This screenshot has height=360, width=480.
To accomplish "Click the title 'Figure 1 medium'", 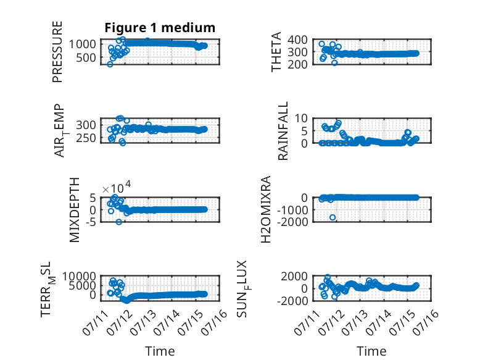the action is [x=160, y=28].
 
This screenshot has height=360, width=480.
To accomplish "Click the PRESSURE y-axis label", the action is [x=57, y=52].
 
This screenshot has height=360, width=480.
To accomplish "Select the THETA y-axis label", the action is [x=276, y=52].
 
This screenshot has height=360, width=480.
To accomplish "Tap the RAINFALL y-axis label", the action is [x=283, y=131].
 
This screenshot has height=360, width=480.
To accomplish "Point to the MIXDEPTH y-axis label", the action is [x=75, y=210].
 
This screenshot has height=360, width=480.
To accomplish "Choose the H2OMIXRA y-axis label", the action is [x=266, y=209].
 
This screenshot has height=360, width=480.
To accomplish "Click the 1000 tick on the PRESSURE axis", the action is [x=82, y=44].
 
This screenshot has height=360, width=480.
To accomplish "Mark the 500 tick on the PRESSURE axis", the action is [x=86, y=57].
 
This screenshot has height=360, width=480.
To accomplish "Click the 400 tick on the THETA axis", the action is [x=297, y=40].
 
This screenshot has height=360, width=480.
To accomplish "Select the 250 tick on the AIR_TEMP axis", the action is [x=86, y=138].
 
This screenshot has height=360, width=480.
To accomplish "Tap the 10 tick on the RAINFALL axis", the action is [x=301, y=118].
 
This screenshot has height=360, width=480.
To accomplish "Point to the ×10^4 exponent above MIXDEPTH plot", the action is [x=117, y=187].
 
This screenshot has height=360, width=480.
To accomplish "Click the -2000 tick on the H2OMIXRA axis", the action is [x=292, y=222].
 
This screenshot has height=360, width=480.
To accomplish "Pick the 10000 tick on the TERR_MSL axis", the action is [x=79, y=277].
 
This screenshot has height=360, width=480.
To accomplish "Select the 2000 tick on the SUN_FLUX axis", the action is [x=294, y=277].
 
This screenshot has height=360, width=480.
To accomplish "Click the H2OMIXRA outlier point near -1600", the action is [x=333, y=217].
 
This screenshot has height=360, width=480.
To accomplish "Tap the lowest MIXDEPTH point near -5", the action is [x=119, y=222].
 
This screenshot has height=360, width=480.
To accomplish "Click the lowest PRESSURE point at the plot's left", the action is [x=110, y=64].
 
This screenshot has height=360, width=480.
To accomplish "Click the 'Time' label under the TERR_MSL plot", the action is [x=160, y=351].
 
